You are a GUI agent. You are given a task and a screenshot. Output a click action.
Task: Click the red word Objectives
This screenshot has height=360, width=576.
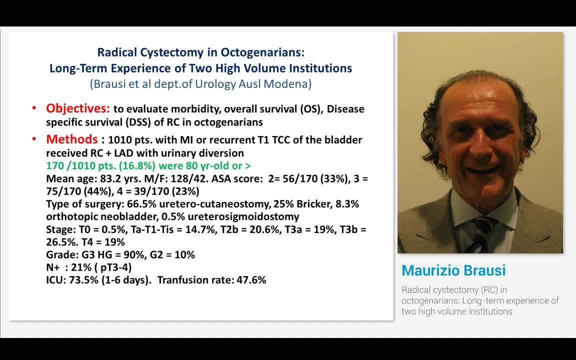(x=77, y=108)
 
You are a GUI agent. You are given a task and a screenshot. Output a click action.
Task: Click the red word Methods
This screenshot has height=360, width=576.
(x=71, y=139)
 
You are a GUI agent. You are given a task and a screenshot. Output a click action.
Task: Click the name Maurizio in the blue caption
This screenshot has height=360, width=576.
(x=431, y=270)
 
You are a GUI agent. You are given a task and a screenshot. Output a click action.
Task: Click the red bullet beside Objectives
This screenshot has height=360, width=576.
(x=34, y=109)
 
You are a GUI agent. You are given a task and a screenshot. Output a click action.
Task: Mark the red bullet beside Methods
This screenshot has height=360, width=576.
(x=34, y=139)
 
